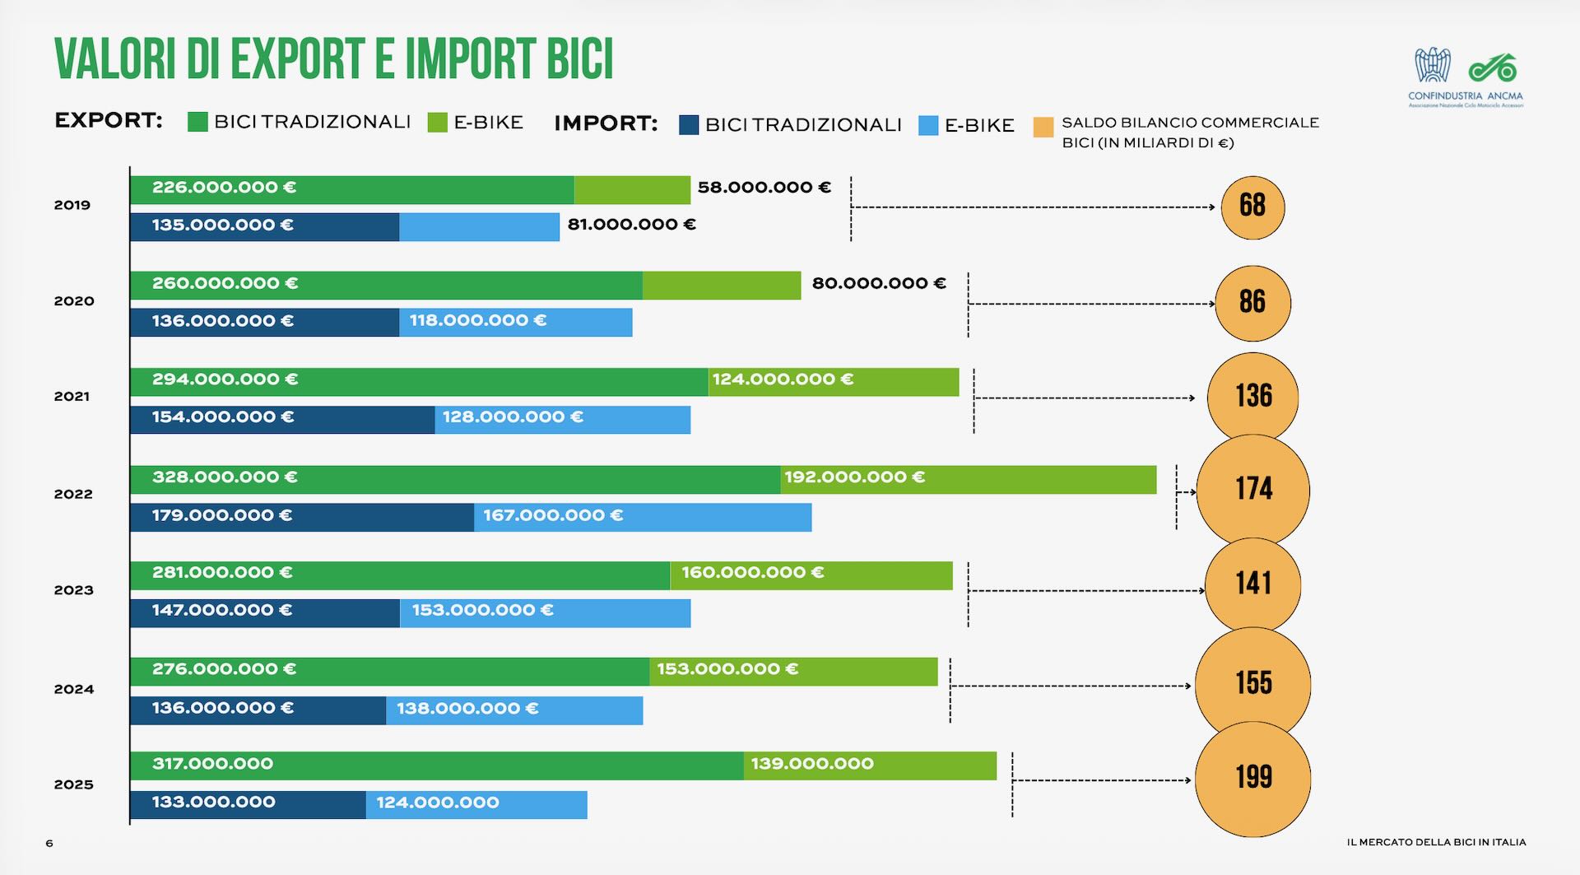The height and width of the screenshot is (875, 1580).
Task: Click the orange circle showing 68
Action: click(x=1252, y=207)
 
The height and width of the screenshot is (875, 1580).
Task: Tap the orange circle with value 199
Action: click(x=1252, y=779)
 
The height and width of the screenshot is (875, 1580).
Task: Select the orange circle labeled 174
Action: click(x=1252, y=490)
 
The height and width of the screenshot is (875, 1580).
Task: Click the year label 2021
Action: click(x=72, y=397)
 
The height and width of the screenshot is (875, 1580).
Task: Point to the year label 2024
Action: click(x=73, y=689)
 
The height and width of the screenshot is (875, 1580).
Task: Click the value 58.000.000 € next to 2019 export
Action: click(x=764, y=188)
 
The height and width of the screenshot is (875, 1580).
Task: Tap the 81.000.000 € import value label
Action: click(x=631, y=225)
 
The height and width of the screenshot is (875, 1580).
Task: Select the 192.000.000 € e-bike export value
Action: click(x=854, y=477)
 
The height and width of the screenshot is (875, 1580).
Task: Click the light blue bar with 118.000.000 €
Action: click(x=515, y=322)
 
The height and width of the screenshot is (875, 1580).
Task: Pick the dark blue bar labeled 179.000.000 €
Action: click(x=301, y=517)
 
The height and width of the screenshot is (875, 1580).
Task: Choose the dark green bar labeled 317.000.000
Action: click(x=436, y=765)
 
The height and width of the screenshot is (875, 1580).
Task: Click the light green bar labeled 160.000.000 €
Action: click(x=811, y=575)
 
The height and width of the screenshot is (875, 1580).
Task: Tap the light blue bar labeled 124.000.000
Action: click(x=476, y=804)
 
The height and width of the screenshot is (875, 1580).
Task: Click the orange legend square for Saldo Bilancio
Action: click(x=1043, y=128)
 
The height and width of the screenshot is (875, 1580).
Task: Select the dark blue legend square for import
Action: click(x=688, y=125)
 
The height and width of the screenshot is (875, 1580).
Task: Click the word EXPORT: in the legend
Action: click(x=108, y=121)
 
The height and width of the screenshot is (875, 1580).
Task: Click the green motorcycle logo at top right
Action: click(x=1492, y=67)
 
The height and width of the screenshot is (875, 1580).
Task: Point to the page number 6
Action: click(x=49, y=843)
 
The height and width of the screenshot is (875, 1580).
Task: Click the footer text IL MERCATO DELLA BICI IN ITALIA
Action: click(x=1436, y=842)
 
